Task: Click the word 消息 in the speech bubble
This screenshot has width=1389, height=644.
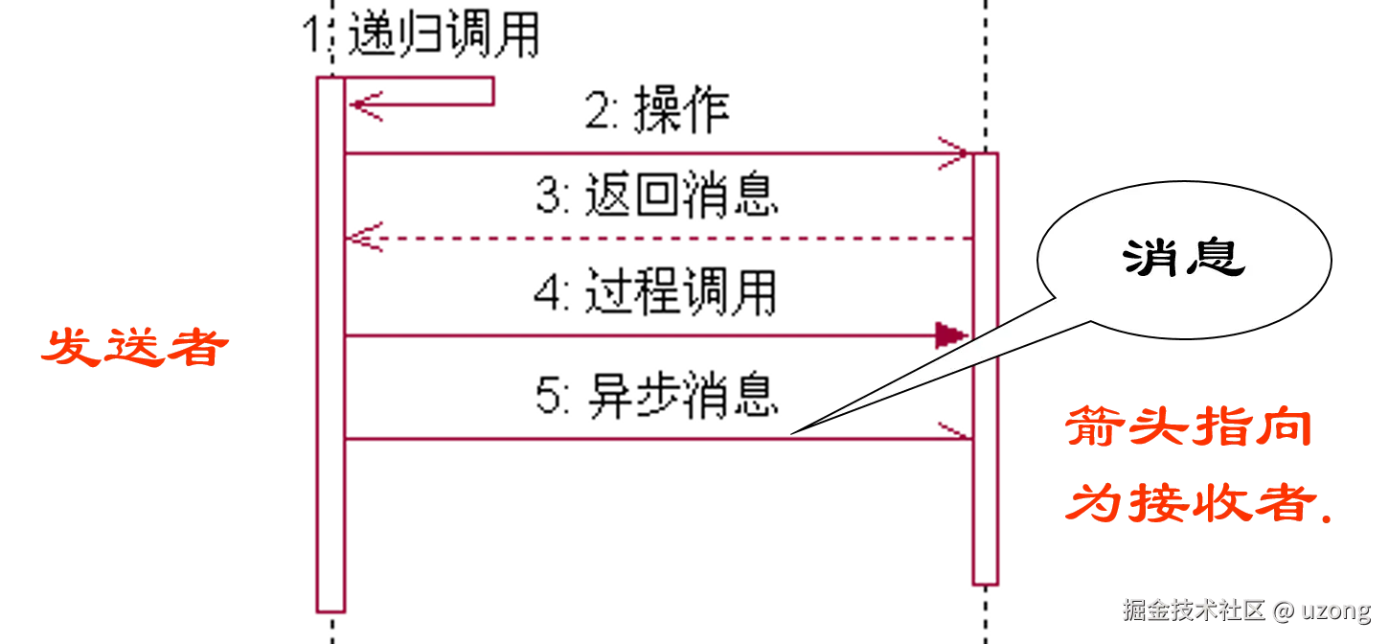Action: coord(1184,258)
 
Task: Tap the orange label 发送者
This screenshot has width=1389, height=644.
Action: coord(135,348)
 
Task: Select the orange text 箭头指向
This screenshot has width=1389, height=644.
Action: coord(1188,428)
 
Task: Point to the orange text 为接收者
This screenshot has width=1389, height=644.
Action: coord(1188,501)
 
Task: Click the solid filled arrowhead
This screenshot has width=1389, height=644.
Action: coord(949,334)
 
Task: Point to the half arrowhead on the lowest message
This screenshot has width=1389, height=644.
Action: coord(951,429)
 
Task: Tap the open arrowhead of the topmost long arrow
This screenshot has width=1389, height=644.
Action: coord(954,152)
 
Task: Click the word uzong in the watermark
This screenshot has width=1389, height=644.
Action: coord(1335,609)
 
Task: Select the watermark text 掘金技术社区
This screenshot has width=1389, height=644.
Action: coord(1193,609)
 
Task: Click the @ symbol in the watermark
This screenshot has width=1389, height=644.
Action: coord(1284,609)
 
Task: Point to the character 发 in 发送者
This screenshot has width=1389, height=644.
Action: coord(72,348)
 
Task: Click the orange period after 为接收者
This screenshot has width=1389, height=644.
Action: coord(1327,518)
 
